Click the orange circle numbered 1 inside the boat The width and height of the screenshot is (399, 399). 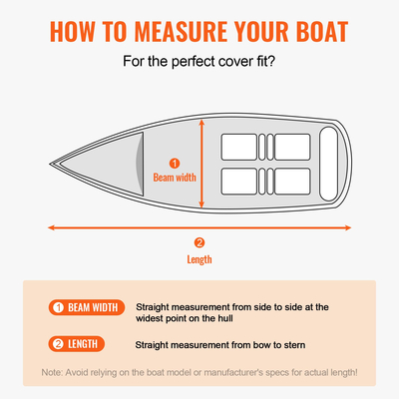175,163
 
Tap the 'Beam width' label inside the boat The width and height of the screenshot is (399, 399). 176,179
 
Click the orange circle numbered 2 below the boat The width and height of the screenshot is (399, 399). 199,242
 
